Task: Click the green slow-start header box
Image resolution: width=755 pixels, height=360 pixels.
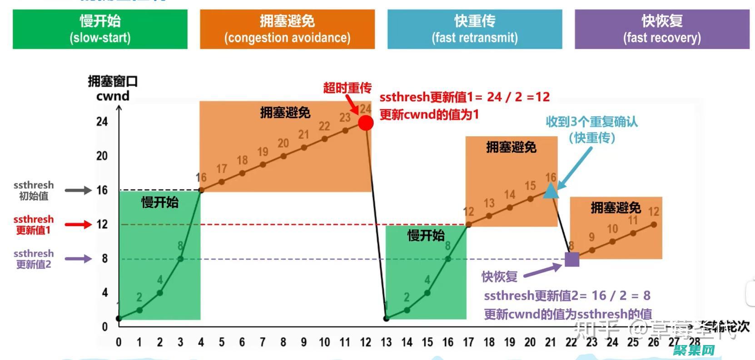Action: coord(100,29)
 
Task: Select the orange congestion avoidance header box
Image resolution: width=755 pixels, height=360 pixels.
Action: coord(287,29)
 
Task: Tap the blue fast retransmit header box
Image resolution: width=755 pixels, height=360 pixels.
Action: coord(474,29)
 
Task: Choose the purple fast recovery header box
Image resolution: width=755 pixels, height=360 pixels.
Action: coord(662,29)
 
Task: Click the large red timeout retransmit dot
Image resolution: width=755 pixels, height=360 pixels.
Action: coord(366,123)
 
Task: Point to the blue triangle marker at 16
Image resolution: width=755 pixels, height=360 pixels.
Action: coord(551,191)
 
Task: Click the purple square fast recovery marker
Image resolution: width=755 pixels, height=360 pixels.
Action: coord(571,259)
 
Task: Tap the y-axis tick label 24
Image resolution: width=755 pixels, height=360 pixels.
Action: coord(102,122)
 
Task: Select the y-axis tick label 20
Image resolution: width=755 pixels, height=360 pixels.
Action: coord(102,156)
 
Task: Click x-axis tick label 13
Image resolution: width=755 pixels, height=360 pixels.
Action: coord(386,342)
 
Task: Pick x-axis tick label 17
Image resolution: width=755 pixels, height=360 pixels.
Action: coord(468,342)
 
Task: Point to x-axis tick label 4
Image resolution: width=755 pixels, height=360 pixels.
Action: coord(201,342)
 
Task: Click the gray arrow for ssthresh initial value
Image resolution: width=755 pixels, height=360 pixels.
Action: coord(78,190)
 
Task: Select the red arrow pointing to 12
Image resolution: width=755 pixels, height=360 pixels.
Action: coord(78,224)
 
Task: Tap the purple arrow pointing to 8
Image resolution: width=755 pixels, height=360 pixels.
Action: coord(78,259)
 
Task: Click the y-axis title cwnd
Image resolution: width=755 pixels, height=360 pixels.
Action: coord(113,96)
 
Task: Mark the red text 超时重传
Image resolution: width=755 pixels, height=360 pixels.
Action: coord(347,88)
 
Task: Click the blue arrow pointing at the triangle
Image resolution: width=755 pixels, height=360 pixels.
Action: coord(575,168)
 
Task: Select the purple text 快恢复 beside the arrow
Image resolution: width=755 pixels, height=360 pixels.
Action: coord(499,276)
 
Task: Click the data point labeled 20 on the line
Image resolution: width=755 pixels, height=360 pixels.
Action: coord(283,156)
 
